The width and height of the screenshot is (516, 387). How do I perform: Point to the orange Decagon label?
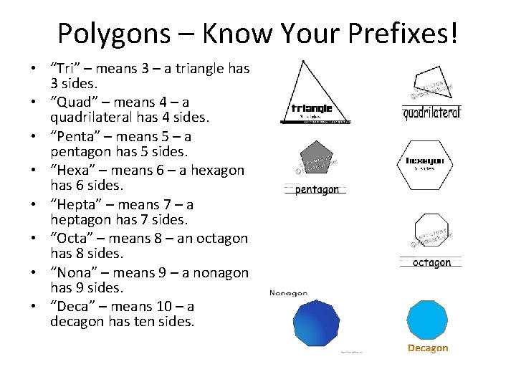click(428, 348)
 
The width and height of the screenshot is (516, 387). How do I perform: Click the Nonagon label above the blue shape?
click(288, 293)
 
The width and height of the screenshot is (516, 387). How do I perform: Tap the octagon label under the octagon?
click(431, 263)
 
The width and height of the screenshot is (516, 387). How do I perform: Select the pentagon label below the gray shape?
click(316, 190)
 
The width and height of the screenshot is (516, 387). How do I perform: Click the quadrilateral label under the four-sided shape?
click(431, 113)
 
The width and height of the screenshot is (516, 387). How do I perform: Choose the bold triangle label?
click(311, 109)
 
